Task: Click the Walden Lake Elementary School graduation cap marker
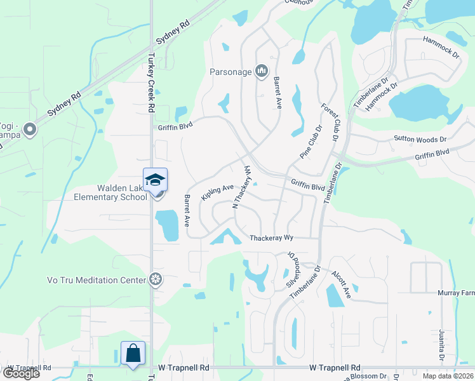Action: [155, 181]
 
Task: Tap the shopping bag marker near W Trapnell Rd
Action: [133, 352]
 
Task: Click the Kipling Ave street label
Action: [217, 193]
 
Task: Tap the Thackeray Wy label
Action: [271, 239]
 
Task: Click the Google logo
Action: [20, 373]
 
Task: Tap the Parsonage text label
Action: [231, 72]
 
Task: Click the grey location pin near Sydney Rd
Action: [29, 130]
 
